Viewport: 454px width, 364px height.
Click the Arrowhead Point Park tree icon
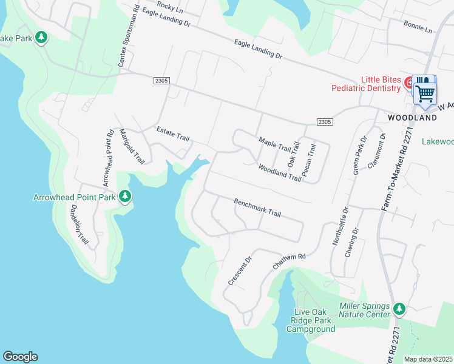[x=125, y=196]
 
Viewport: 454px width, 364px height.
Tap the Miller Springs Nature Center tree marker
[x=399, y=309]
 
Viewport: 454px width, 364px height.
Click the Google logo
[x=20, y=357]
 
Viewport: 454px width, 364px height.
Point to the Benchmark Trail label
[x=258, y=207]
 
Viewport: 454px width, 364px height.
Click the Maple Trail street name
[x=275, y=144]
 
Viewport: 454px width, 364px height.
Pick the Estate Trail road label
[x=173, y=133]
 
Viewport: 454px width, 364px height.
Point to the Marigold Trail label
[x=132, y=146]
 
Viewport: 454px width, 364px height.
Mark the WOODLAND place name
[x=413, y=117]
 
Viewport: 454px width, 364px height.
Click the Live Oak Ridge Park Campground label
[x=310, y=324]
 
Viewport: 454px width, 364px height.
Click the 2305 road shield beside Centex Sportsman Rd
[x=161, y=81]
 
